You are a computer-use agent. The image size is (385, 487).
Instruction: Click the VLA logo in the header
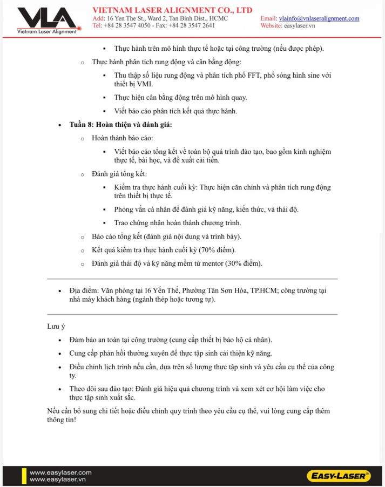(46, 19)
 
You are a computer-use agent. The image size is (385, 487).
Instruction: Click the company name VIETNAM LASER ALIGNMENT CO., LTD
(172, 10)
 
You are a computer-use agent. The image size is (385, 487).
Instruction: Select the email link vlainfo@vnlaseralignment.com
(319, 18)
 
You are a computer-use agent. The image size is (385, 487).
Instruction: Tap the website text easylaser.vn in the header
(300, 25)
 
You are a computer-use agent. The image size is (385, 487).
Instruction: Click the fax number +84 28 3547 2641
(192, 25)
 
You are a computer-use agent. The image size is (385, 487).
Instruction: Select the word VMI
(145, 84)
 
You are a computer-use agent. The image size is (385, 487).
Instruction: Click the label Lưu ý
(56, 326)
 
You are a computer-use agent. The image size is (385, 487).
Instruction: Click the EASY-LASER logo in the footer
(339, 476)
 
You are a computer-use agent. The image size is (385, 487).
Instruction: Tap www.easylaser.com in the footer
(60, 472)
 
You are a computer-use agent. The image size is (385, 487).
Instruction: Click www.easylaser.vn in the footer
(58, 479)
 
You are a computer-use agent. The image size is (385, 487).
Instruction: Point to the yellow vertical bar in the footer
(24, 476)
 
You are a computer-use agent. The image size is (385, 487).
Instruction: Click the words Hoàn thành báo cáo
(122, 139)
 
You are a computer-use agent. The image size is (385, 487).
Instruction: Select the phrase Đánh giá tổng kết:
(119, 174)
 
